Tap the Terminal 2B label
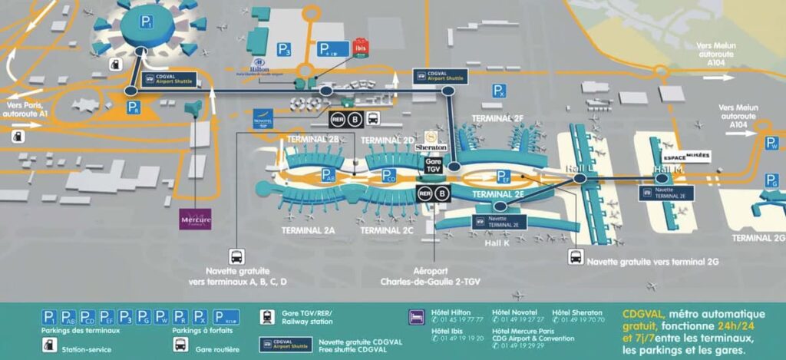click(312, 139)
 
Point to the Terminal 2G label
click(758, 238)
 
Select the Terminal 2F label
click(497, 118)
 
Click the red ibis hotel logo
click(361, 47)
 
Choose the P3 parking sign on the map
click(285, 51)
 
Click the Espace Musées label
click(685, 157)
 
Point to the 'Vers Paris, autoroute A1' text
click(27, 108)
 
